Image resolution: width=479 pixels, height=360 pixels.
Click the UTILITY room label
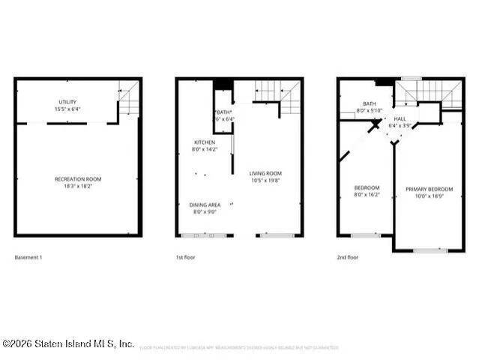pyautogui.click(x=67, y=102)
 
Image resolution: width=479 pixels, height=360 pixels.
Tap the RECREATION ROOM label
pyautogui.click(x=78, y=179)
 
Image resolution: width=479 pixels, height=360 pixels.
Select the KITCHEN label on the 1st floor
pyautogui.click(x=205, y=142)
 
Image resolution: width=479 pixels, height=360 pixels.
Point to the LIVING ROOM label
pyautogui.click(x=265, y=174)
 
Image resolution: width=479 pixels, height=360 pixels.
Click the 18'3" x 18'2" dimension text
pyautogui.click(x=78, y=187)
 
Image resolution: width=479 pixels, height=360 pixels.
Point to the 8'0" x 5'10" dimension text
pyautogui.click(x=370, y=111)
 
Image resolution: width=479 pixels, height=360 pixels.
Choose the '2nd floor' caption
pyautogui.click(x=347, y=257)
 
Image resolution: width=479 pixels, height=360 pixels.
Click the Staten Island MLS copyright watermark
pyautogui.click(x=68, y=343)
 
